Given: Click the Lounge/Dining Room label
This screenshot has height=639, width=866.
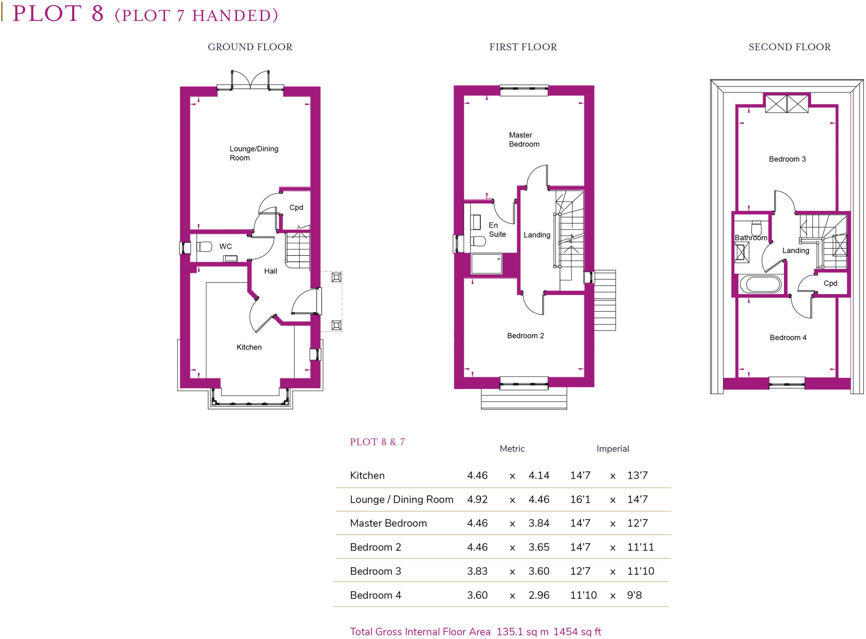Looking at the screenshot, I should (253, 153).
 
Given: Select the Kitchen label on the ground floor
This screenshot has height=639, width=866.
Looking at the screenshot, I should (249, 347).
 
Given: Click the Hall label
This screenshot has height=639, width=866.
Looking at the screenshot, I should (271, 271).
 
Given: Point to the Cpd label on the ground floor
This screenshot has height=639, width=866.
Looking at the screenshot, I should (296, 208).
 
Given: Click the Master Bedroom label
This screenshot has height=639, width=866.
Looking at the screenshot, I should (523, 140).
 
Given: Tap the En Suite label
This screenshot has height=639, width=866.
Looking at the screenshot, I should (497, 230).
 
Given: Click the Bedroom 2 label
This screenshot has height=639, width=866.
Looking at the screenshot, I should (525, 336).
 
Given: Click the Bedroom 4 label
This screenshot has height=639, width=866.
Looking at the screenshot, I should (788, 337).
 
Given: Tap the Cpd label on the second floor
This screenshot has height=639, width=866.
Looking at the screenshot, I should (830, 283).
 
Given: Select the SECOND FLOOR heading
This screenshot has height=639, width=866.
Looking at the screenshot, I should (789, 47).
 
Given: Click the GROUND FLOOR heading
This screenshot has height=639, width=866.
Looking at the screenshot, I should (250, 47).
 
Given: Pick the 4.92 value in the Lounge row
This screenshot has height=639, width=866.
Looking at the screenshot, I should (477, 499).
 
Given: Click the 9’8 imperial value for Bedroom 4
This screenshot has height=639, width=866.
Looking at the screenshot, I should (634, 595).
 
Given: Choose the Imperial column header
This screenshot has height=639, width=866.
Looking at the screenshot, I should (612, 449).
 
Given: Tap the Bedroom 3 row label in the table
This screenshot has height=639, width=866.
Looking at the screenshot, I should (375, 571).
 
